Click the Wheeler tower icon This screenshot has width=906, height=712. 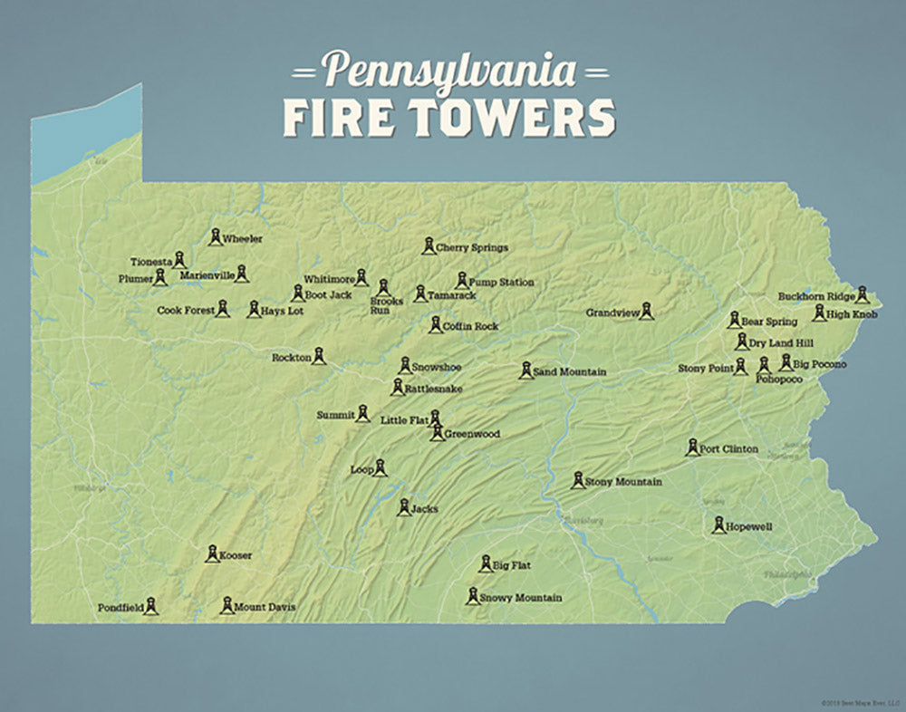click(215, 236)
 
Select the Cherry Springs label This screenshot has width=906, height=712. click(471, 247)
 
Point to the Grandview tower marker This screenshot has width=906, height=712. click(646, 311)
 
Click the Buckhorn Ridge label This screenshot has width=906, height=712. click(815, 296)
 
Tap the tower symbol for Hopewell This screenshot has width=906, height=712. click(718, 524)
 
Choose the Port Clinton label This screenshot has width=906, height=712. click(728, 448)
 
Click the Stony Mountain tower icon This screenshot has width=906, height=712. click(577, 480)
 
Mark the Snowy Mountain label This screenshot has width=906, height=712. click(520, 598)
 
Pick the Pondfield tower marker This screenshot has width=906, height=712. click(151, 605)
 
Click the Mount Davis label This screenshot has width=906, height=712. click(265, 607)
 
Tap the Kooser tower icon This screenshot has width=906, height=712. click(211, 553)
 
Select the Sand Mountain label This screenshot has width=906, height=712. click(569, 372)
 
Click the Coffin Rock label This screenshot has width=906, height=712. click(471, 326)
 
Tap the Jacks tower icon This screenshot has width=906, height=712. click(404, 507)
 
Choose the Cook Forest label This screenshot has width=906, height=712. click(186, 310)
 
